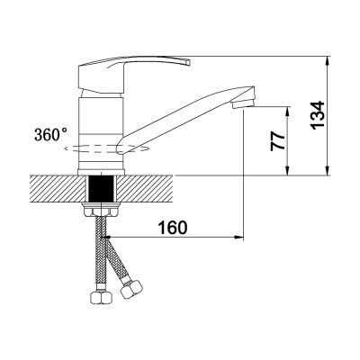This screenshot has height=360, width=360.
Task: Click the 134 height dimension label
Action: click(317, 115)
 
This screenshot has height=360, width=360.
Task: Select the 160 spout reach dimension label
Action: click(173, 228)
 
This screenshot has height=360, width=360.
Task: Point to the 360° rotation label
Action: click(50, 134)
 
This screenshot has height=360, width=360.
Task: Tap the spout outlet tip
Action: click(243, 105)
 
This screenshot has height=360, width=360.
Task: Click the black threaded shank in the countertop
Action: click(102, 189)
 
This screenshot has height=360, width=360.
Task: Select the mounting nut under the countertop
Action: click(101, 210)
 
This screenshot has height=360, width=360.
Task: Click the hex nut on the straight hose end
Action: click(102, 298)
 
